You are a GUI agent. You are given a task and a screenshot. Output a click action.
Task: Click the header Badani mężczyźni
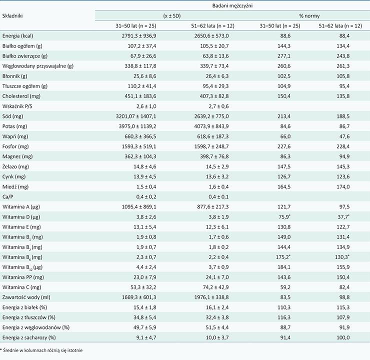(x=232, y=5)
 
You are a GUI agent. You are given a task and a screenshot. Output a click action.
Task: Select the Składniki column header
(x=12, y=16)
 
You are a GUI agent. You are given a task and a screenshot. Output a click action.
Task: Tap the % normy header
(x=309, y=16)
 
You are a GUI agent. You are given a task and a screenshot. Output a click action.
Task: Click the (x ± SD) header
(x=172, y=16)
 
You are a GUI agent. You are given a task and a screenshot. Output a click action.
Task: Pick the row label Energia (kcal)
(x=17, y=36)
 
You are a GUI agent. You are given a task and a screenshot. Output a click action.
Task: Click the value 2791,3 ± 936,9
(x=139, y=36)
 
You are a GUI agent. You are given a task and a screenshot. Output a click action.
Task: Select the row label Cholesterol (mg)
(x=21, y=96)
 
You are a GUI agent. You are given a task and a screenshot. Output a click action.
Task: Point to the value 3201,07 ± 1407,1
(x=136, y=116)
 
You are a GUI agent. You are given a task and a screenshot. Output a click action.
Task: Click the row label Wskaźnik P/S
(x=17, y=106)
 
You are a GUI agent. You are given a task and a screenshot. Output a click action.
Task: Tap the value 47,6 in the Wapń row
(x=344, y=136)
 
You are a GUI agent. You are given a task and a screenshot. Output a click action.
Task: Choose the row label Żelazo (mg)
(x=15, y=166)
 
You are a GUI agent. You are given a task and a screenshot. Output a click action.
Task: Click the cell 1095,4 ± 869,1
(x=139, y=207)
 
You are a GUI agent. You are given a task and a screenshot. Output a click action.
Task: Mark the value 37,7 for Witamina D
(x=343, y=217)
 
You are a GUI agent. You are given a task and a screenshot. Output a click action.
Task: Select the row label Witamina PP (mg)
(x=23, y=277)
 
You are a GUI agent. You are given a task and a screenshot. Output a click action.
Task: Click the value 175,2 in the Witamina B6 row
(x=282, y=257)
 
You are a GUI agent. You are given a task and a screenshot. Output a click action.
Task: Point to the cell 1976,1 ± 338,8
(x=211, y=297)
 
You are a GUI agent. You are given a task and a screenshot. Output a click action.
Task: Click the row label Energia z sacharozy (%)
(x=29, y=337)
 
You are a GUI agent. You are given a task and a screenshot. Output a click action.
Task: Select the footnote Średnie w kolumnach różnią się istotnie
(x=42, y=350)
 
